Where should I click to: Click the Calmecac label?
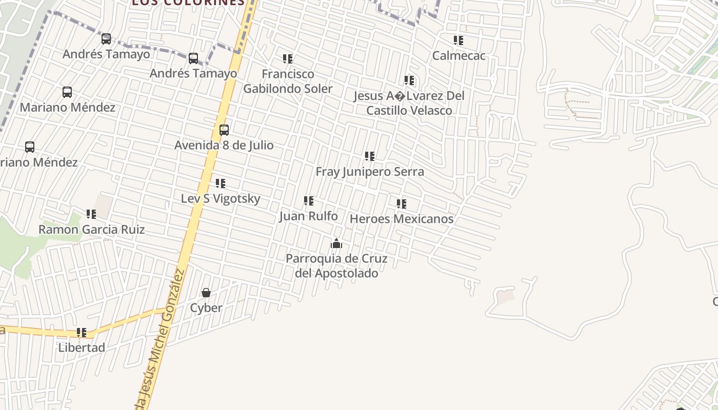click(x=458, y=55)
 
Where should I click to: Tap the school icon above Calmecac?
click(x=458, y=40)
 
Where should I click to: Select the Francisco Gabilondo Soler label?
click(x=288, y=81)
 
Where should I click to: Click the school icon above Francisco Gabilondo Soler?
click(x=288, y=59)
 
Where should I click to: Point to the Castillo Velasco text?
click(x=409, y=110)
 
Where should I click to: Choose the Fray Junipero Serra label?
click(x=369, y=172)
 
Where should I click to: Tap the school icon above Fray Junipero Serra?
click(x=369, y=156)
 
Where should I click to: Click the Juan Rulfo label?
click(x=308, y=216)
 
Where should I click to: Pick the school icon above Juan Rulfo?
click(x=308, y=201)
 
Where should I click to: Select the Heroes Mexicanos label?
click(x=401, y=219)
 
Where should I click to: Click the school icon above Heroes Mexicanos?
click(x=401, y=203)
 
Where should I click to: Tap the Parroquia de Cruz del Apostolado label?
click(x=336, y=265)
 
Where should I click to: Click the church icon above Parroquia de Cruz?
click(x=336, y=243)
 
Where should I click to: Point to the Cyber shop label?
click(x=206, y=308)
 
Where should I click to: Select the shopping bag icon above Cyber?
click(x=206, y=293)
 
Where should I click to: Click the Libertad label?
click(x=82, y=347)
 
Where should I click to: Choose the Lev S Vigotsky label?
click(x=221, y=198)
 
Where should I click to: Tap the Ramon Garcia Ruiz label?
click(x=91, y=230)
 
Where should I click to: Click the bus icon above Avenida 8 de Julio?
click(x=224, y=130)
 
